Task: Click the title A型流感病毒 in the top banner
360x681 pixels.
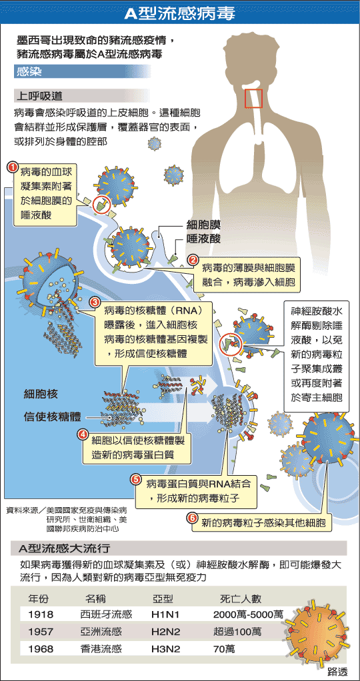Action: coord(180,14)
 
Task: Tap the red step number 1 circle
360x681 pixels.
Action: coord(13,167)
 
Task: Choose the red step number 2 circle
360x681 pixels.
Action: coord(193,260)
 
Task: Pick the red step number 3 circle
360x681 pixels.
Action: coord(93,302)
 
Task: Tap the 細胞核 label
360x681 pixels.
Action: coord(41,394)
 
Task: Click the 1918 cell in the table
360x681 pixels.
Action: coord(41,614)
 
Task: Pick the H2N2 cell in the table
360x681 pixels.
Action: coord(165,632)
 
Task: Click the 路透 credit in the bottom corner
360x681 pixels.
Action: coord(337,672)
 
